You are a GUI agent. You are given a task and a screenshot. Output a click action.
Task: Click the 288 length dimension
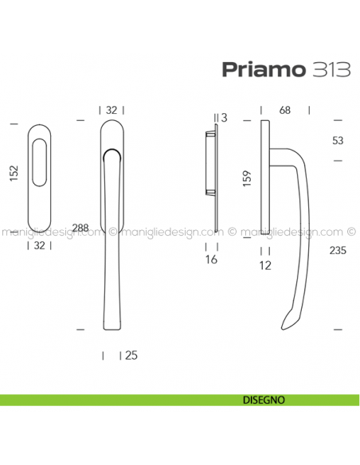[x=80, y=227]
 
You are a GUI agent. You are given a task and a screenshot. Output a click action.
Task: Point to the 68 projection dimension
[x=285, y=108]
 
